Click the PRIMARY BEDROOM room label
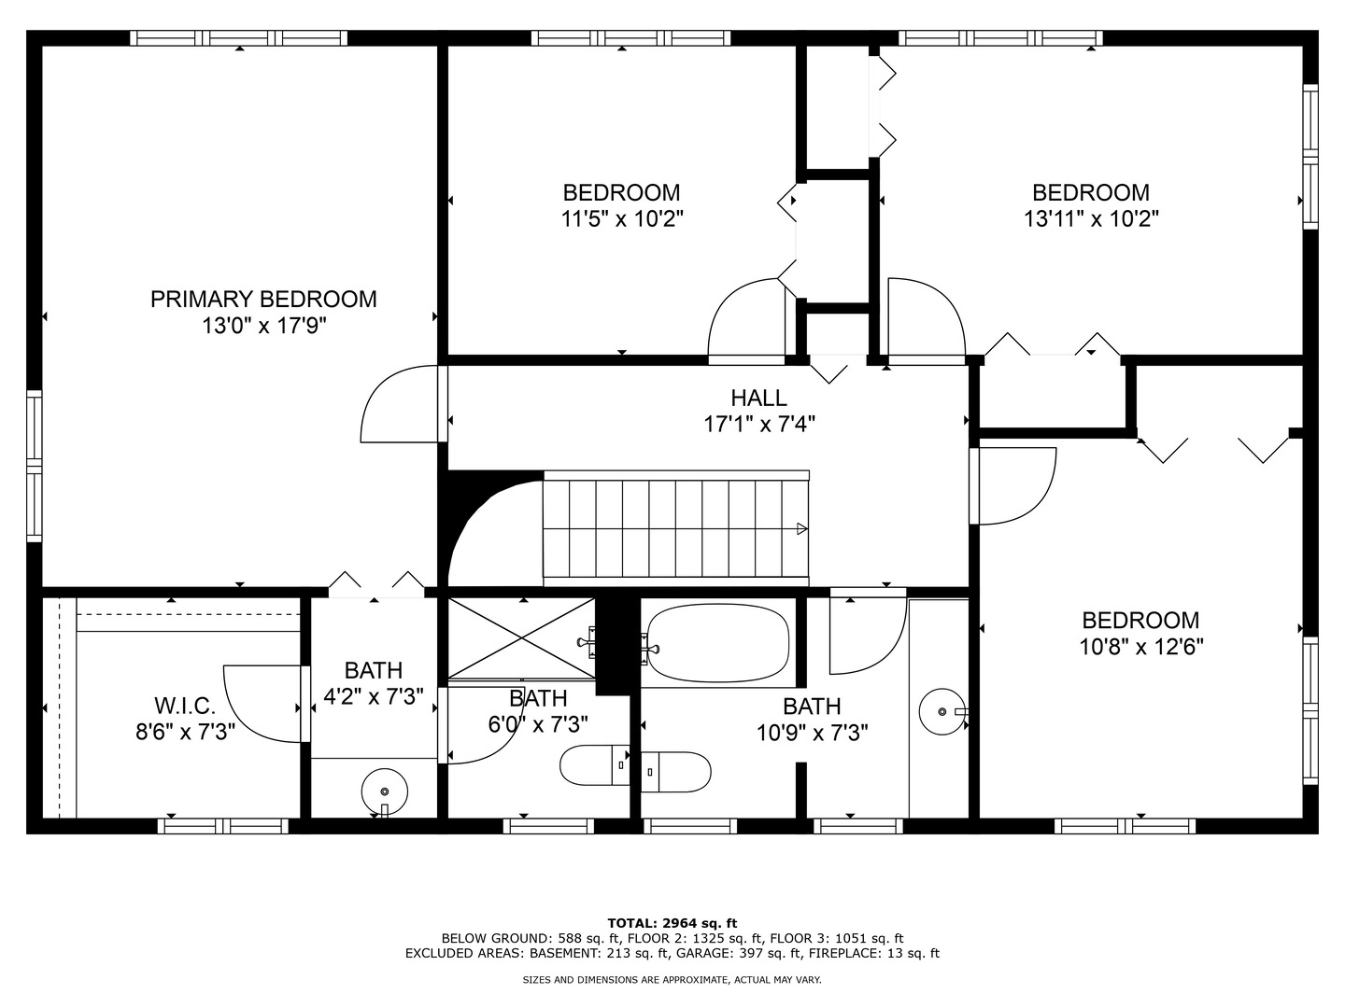pyautogui.click(x=263, y=300)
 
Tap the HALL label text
pyautogui.click(x=758, y=398)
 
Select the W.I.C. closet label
pyautogui.click(x=185, y=706)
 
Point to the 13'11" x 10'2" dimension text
pyautogui.click(x=1091, y=219)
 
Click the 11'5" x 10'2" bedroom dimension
pyautogui.click(x=622, y=219)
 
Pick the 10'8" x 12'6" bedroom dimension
pyautogui.click(x=1141, y=647)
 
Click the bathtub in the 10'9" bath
pyautogui.click(x=718, y=643)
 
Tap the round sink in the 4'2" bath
pyautogui.click(x=385, y=791)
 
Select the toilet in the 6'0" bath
pyautogui.click(x=594, y=765)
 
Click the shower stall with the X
pyautogui.click(x=521, y=638)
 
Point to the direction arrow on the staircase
pyautogui.click(x=801, y=529)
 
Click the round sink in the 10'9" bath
pyautogui.click(x=942, y=711)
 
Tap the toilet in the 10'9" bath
pyautogui.click(x=676, y=772)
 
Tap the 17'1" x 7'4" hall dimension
pyautogui.click(x=759, y=424)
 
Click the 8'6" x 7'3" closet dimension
pyautogui.click(x=185, y=732)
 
